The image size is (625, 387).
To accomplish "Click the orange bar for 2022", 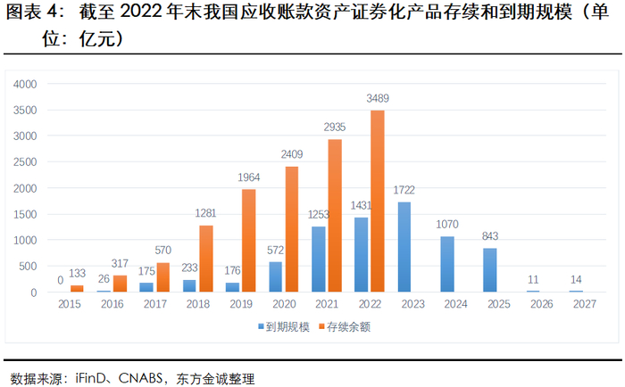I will click(x=378, y=202).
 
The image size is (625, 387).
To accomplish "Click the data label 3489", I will click(x=378, y=98).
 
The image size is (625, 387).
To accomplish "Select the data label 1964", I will click(x=249, y=177).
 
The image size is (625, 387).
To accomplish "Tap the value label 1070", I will click(x=446, y=225).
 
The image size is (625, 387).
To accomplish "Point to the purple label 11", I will click(x=533, y=279).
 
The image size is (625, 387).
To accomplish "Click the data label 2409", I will click(x=292, y=154).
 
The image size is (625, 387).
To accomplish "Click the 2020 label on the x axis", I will click(x=283, y=305).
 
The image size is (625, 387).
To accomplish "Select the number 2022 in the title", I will click(x=143, y=14).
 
